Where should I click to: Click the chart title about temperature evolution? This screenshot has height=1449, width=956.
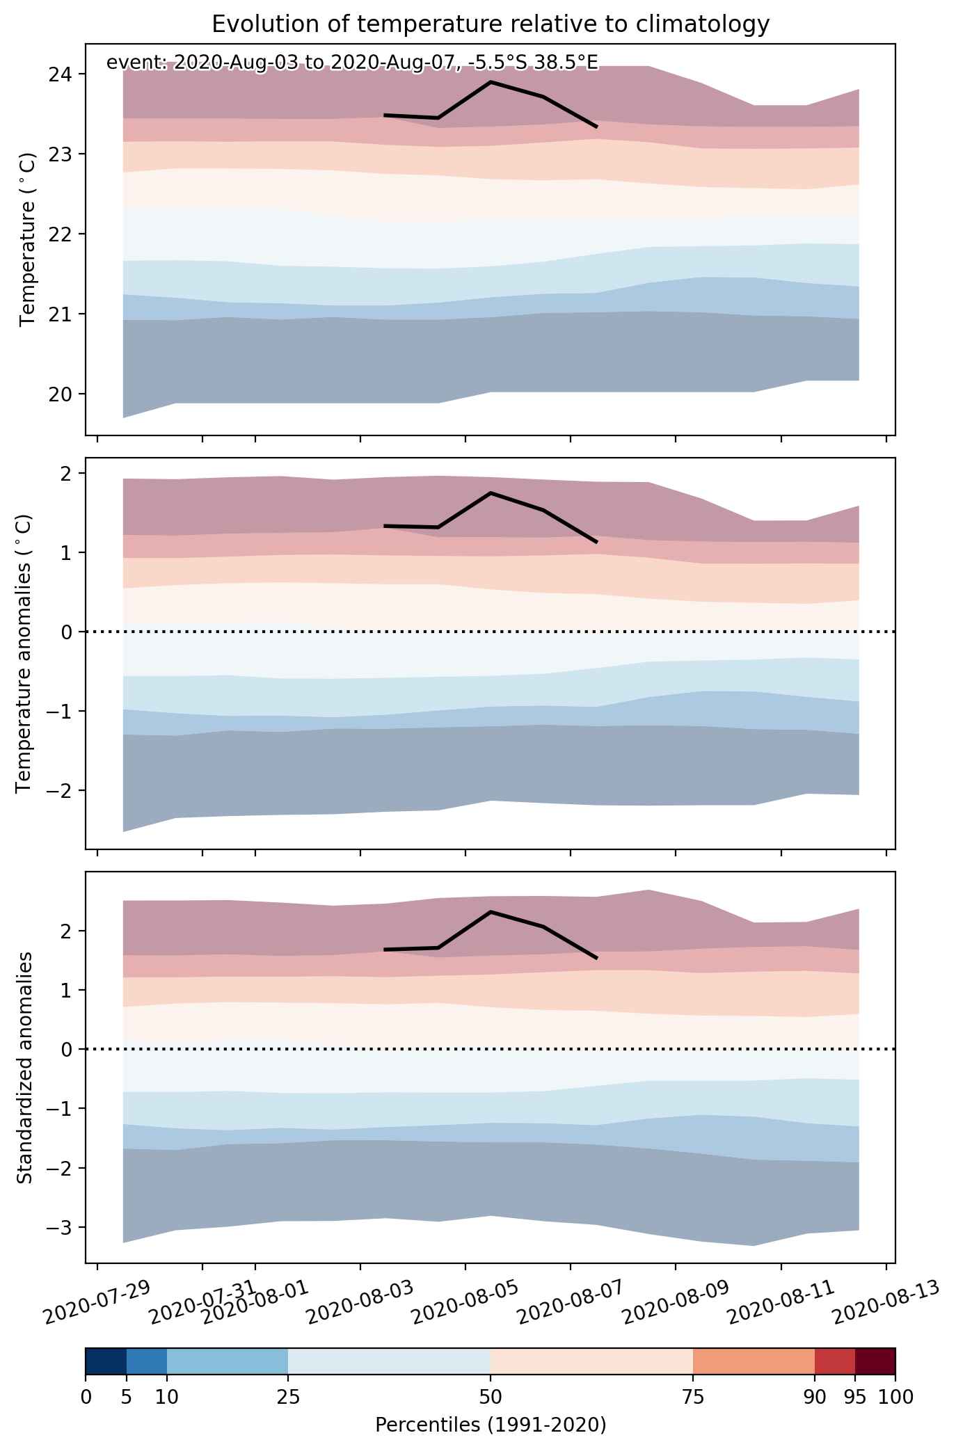click(x=491, y=24)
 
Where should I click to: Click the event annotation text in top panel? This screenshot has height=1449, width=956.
click(x=352, y=63)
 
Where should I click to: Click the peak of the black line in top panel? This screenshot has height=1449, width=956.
click(x=491, y=82)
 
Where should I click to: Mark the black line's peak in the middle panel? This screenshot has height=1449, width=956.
click(x=491, y=493)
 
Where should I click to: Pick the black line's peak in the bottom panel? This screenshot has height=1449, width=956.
click(x=491, y=912)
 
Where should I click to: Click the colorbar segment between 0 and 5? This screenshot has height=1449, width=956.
click(x=106, y=1361)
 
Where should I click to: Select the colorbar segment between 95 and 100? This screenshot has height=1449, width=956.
click(x=875, y=1361)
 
